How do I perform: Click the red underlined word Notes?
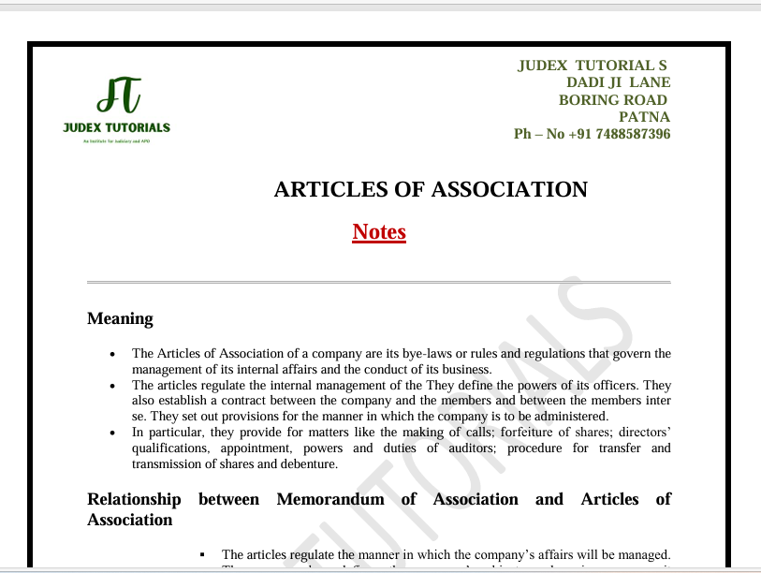[379, 231]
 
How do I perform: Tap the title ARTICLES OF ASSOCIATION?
[431, 189]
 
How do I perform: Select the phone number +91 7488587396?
[619, 134]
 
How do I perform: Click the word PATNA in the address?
[645, 117]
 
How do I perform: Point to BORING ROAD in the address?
[613, 100]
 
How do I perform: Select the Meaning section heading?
[120, 318]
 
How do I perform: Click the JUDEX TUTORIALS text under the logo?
[117, 127]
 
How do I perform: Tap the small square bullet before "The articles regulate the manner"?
[203, 555]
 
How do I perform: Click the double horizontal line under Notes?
[378, 282]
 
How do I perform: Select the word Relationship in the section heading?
[134, 499]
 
